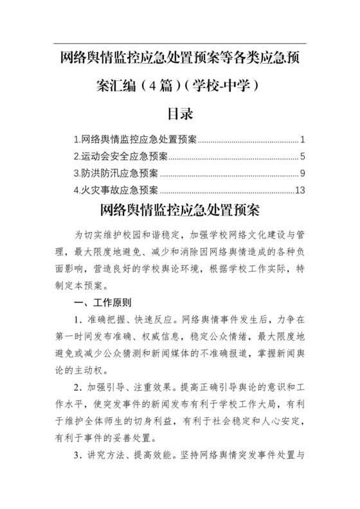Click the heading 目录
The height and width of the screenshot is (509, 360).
pos(180,114)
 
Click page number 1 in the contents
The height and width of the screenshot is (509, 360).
pos(302,139)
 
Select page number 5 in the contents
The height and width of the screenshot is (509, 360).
pos(302,156)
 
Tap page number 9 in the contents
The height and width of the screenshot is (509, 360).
pos(302,173)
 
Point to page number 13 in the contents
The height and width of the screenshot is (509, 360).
pos(300,190)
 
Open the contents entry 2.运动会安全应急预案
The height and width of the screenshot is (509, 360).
pos(121,156)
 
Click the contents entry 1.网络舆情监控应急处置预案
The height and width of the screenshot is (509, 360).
pos(136,139)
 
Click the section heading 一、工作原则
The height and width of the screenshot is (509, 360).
pos(104,302)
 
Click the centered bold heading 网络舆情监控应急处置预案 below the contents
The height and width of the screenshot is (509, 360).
pos(180,211)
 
